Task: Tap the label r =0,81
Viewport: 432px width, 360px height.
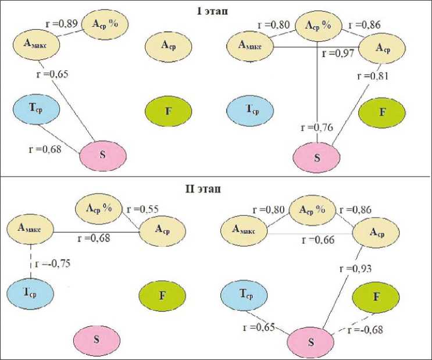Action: [372, 76]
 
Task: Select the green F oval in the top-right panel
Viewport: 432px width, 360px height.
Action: [381, 112]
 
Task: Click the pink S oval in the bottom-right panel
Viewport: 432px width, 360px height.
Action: [312, 341]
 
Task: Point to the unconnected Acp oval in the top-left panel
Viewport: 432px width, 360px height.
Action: [169, 44]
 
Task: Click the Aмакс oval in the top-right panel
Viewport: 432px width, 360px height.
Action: [249, 45]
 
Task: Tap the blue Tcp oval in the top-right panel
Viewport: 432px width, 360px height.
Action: [249, 112]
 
